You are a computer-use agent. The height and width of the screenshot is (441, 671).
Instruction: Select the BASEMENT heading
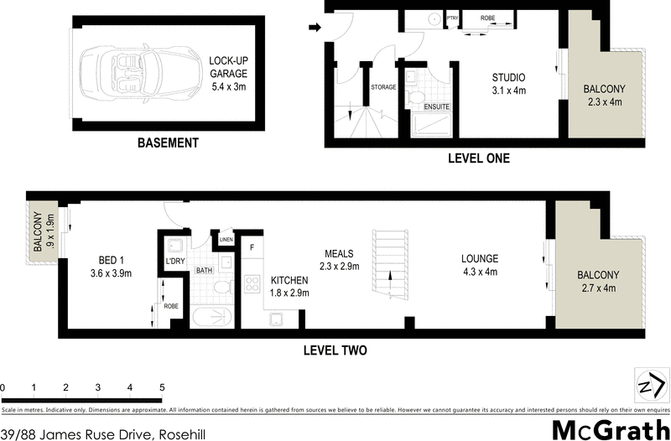click(x=168, y=143)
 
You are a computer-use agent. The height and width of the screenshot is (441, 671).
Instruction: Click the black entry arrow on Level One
click(x=315, y=28)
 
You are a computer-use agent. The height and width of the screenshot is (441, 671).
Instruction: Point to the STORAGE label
click(x=383, y=86)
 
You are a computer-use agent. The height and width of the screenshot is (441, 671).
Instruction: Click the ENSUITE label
click(x=437, y=106)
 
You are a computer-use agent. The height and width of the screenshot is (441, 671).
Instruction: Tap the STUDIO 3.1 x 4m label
click(x=508, y=85)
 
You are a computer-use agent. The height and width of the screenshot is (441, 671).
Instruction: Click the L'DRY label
click(x=174, y=262)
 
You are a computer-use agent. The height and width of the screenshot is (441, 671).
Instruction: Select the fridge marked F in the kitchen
click(x=251, y=248)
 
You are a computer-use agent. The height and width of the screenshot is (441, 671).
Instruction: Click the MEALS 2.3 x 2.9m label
click(x=335, y=260)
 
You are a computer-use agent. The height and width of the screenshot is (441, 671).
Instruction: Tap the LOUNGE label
click(x=479, y=265)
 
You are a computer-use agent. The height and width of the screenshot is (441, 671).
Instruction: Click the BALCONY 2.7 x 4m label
click(x=598, y=281)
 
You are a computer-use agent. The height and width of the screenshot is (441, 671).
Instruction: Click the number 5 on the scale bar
click(x=161, y=388)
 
